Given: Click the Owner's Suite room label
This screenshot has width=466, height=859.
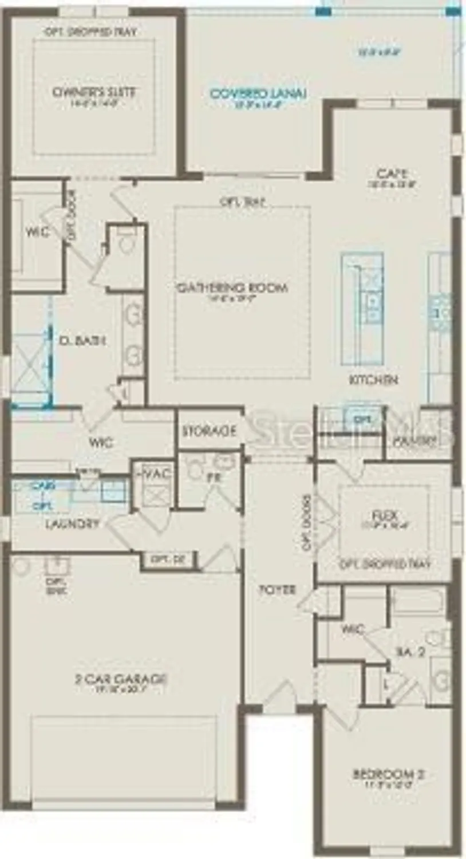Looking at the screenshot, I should coord(94,92).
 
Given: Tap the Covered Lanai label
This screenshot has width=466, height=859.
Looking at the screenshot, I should coord(257,93).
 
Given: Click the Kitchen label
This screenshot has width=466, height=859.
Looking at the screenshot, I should coord(374,380).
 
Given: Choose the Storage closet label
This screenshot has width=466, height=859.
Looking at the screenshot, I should coord(209,431).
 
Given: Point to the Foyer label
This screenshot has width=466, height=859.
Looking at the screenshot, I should coord(277,589).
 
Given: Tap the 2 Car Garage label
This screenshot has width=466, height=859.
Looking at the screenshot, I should coord(121,680).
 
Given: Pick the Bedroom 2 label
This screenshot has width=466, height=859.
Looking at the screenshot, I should coord(388,775).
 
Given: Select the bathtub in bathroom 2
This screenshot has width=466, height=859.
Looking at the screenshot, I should coord(417,602).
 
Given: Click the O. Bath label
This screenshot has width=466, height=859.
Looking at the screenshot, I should coord(82,341).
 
